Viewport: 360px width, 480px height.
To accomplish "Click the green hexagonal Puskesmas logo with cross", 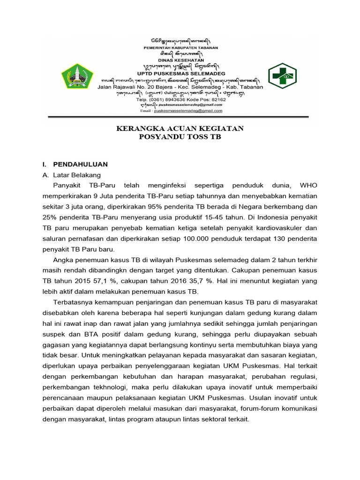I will point(282,76).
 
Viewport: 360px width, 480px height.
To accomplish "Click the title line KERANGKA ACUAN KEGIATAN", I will point(180,128).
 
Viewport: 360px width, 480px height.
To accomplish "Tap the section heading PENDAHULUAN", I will point(80,165).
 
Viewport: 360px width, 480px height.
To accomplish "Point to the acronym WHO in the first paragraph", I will point(308,185).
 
